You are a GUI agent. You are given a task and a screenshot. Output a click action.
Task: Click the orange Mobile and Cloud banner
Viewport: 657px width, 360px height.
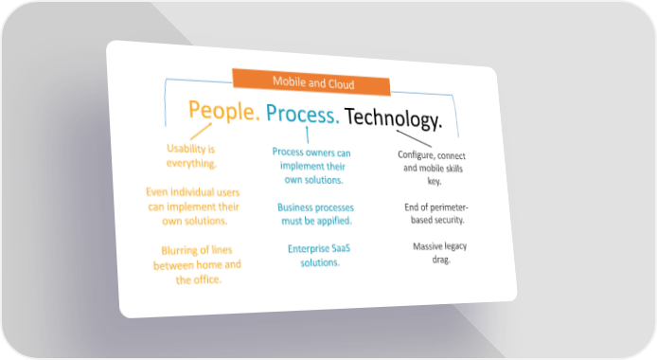pyautogui.click(x=311, y=82)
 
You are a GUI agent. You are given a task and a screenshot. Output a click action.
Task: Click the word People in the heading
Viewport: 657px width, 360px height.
pyautogui.click(x=222, y=111)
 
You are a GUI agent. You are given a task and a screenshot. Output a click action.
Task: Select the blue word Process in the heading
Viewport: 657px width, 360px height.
pyautogui.click(x=302, y=114)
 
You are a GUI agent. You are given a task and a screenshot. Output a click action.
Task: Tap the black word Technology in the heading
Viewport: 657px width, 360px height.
pyautogui.click(x=393, y=117)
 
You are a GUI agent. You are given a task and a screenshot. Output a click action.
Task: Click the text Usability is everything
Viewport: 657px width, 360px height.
pyautogui.click(x=191, y=156)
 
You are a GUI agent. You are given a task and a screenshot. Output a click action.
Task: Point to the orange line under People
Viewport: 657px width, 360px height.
pyautogui.click(x=201, y=131)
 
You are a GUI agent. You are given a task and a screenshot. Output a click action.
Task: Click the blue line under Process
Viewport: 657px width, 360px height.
pyautogui.click(x=308, y=135)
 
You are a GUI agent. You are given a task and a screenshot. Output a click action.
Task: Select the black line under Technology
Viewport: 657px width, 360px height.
pyautogui.click(x=414, y=138)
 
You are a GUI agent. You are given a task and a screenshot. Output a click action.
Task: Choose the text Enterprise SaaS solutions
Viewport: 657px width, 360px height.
pyautogui.click(x=319, y=256)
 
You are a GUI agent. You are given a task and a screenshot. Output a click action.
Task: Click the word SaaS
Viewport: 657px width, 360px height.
pyautogui.click(x=341, y=248)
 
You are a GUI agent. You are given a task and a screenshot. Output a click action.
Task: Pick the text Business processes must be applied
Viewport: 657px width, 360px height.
pyautogui.click(x=316, y=214)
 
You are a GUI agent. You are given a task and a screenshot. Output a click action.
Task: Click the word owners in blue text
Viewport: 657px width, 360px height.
pyautogui.click(x=321, y=153)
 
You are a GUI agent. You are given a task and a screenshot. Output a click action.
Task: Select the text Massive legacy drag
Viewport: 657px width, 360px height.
pyautogui.click(x=440, y=253)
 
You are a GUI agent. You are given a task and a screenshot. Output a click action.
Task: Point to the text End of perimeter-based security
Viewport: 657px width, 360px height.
pyautogui.click(x=436, y=213)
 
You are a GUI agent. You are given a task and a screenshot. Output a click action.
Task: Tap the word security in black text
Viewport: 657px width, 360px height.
pyautogui.click(x=450, y=220)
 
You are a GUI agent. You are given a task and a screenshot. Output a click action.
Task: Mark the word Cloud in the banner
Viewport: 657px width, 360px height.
pyautogui.click(x=341, y=84)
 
